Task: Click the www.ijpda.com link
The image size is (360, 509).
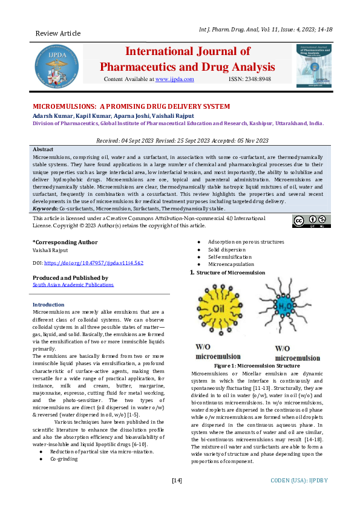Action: tap(174, 79)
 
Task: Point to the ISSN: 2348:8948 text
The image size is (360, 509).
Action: tap(250, 79)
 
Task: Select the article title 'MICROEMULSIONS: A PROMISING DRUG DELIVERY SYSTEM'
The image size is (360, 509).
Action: tap(131, 106)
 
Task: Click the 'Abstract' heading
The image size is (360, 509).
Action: tap(42, 149)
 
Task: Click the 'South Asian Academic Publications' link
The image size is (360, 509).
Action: tap(73, 284)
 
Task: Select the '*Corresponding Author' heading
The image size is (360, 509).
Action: tap(64, 242)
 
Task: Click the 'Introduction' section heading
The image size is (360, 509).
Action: tap(48, 305)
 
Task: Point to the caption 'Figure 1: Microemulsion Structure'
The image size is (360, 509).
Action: tap(257, 366)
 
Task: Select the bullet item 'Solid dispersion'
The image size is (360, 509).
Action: tap(227, 249)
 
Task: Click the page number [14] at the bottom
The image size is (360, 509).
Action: tap(177, 481)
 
